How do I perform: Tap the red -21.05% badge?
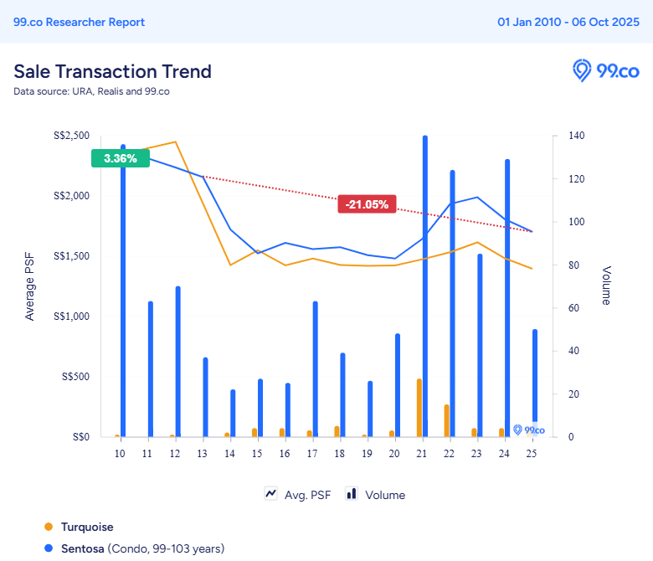tap(367, 203)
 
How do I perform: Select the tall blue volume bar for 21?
tap(425, 286)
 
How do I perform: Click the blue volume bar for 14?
tap(234, 413)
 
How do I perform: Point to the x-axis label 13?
tap(202, 453)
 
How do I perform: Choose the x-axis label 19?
tap(366, 453)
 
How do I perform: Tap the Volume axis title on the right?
tap(606, 286)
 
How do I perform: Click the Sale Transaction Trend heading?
tap(112, 71)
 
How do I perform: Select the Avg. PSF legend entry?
tap(298, 495)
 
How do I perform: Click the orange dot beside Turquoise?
tap(48, 527)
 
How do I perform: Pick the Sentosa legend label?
tap(83, 548)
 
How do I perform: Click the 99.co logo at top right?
tap(605, 70)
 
